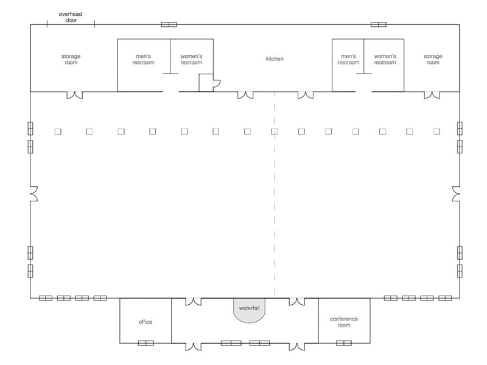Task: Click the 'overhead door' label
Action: pyautogui.click(x=71, y=16)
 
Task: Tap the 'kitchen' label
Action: pyautogui.click(x=275, y=59)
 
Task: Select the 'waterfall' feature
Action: pyautogui.click(x=249, y=309)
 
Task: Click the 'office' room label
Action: pyautogui.click(x=145, y=322)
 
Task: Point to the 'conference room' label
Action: pyautogui.click(x=344, y=322)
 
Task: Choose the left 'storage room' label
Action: pyautogui.click(x=71, y=59)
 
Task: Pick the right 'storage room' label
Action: pyautogui.click(x=433, y=59)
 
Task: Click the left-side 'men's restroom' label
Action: pyautogui.click(x=144, y=59)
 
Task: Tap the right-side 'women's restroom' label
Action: pyautogui.click(x=385, y=59)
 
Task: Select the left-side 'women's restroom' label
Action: pyautogui.click(x=191, y=59)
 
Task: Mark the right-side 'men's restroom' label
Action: pyautogui.click(x=348, y=59)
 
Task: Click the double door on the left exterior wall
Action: pyautogui.click(x=33, y=194)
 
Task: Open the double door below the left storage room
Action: pyautogui.click(x=74, y=95)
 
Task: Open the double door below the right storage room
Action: pyautogui.click(x=432, y=95)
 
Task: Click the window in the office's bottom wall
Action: pyautogui.click(x=145, y=343)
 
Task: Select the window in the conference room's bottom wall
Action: pyautogui.click(x=344, y=343)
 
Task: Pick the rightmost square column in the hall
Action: pyautogui.click(x=436, y=131)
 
